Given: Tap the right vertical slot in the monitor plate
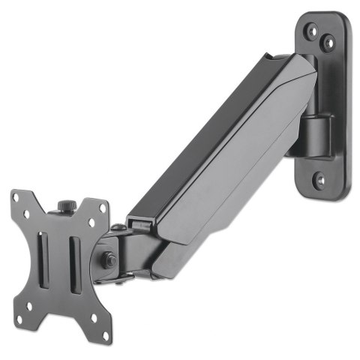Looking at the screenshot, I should coord(73,262).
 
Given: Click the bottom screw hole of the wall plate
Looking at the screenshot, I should coord(319,179).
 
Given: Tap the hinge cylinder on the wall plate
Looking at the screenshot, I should coord(315,135).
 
